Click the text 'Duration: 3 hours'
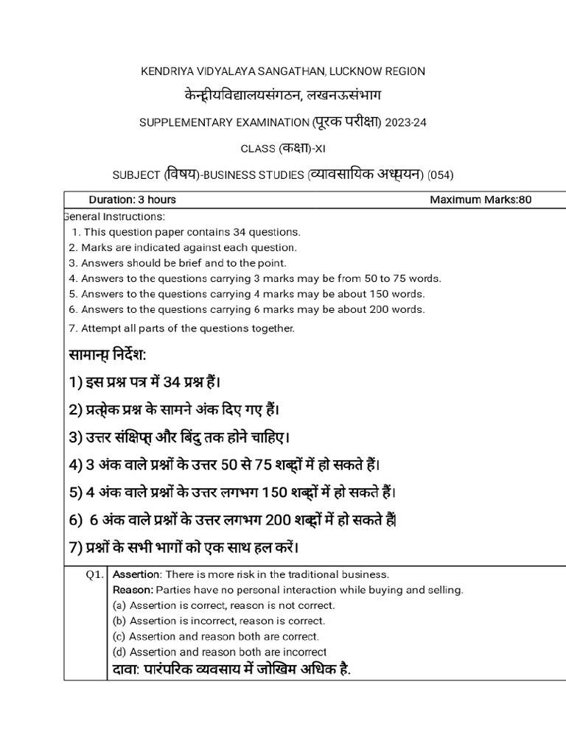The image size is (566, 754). (132, 200)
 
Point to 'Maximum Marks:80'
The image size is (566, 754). (480, 200)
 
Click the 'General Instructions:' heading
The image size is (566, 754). (115, 216)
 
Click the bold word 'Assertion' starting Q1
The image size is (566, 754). (136, 574)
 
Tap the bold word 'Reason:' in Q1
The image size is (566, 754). (133, 590)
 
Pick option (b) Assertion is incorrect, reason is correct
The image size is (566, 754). (218, 621)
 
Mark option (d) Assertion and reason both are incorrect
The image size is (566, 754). (219, 652)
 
